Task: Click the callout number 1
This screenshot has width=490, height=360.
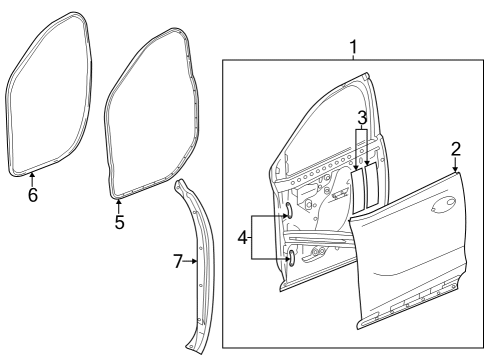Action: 353,46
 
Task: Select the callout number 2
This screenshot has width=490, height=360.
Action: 456,149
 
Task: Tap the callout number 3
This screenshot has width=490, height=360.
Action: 362,118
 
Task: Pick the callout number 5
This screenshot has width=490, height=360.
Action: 119,222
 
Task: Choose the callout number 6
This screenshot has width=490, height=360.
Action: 32,195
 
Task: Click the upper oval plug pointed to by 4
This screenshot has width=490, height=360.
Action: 287,211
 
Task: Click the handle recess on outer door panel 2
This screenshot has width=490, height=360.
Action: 439,211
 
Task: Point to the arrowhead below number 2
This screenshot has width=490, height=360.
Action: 457,171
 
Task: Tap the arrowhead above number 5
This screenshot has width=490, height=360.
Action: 119,201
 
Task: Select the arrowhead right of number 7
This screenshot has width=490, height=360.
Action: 195,261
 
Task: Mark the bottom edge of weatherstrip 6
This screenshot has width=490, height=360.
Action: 40,171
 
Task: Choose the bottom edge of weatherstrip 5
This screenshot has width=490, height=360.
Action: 135,187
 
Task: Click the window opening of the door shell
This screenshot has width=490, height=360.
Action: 320,130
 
